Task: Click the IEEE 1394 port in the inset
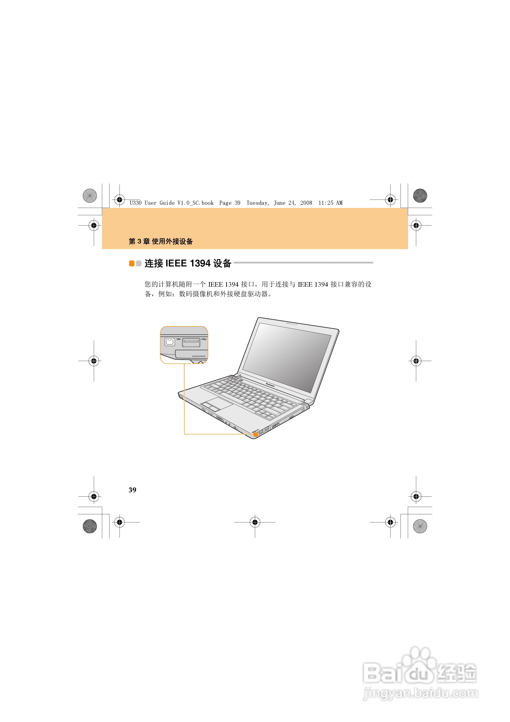click(x=170, y=342)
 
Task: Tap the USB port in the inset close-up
click(x=191, y=342)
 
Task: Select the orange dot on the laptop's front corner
click(x=256, y=435)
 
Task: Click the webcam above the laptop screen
click(x=293, y=324)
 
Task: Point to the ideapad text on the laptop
click(x=255, y=431)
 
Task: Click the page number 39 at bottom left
click(x=132, y=490)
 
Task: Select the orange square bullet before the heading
click(x=132, y=263)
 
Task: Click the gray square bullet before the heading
click(x=139, y=263)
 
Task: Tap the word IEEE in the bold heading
click(x=176, y=263)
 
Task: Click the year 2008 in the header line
click(x=306, y=203)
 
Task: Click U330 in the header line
click(x=135, y=203)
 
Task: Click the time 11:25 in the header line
click(x=326, y=203)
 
